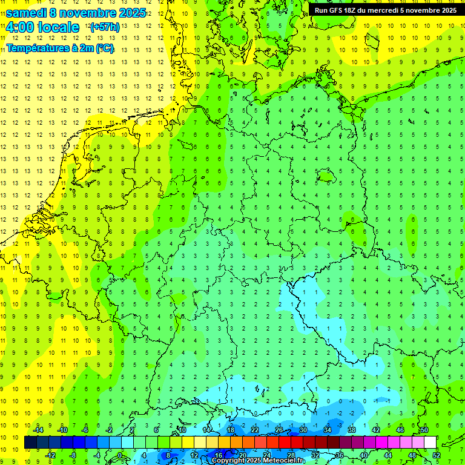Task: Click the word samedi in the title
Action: pyautogui.click(x=26, y=13)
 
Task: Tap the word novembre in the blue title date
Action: pyautogui.click(x=85, y=13)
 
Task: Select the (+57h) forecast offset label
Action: pyautogui.click(x=104, y=27)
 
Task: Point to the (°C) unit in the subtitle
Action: pyautogui.click(x=104, y=48)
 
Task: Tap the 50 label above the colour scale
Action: pyautogui.click(x=424, y=430)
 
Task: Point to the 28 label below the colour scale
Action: pyautogui.click(x=291, y=455)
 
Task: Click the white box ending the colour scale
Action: pyautogui.click(x=430, y=443)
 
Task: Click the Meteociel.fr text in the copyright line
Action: pyautogui.click(x=285, y=461)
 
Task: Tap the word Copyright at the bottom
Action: pyautogui.click(x=228, y=461)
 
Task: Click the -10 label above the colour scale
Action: pyautogui.click(x=62, y=430)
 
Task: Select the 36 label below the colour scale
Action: pyautogui.click(x=339, y=455)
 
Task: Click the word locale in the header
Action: pyautogui.click(x=58, y=27)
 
